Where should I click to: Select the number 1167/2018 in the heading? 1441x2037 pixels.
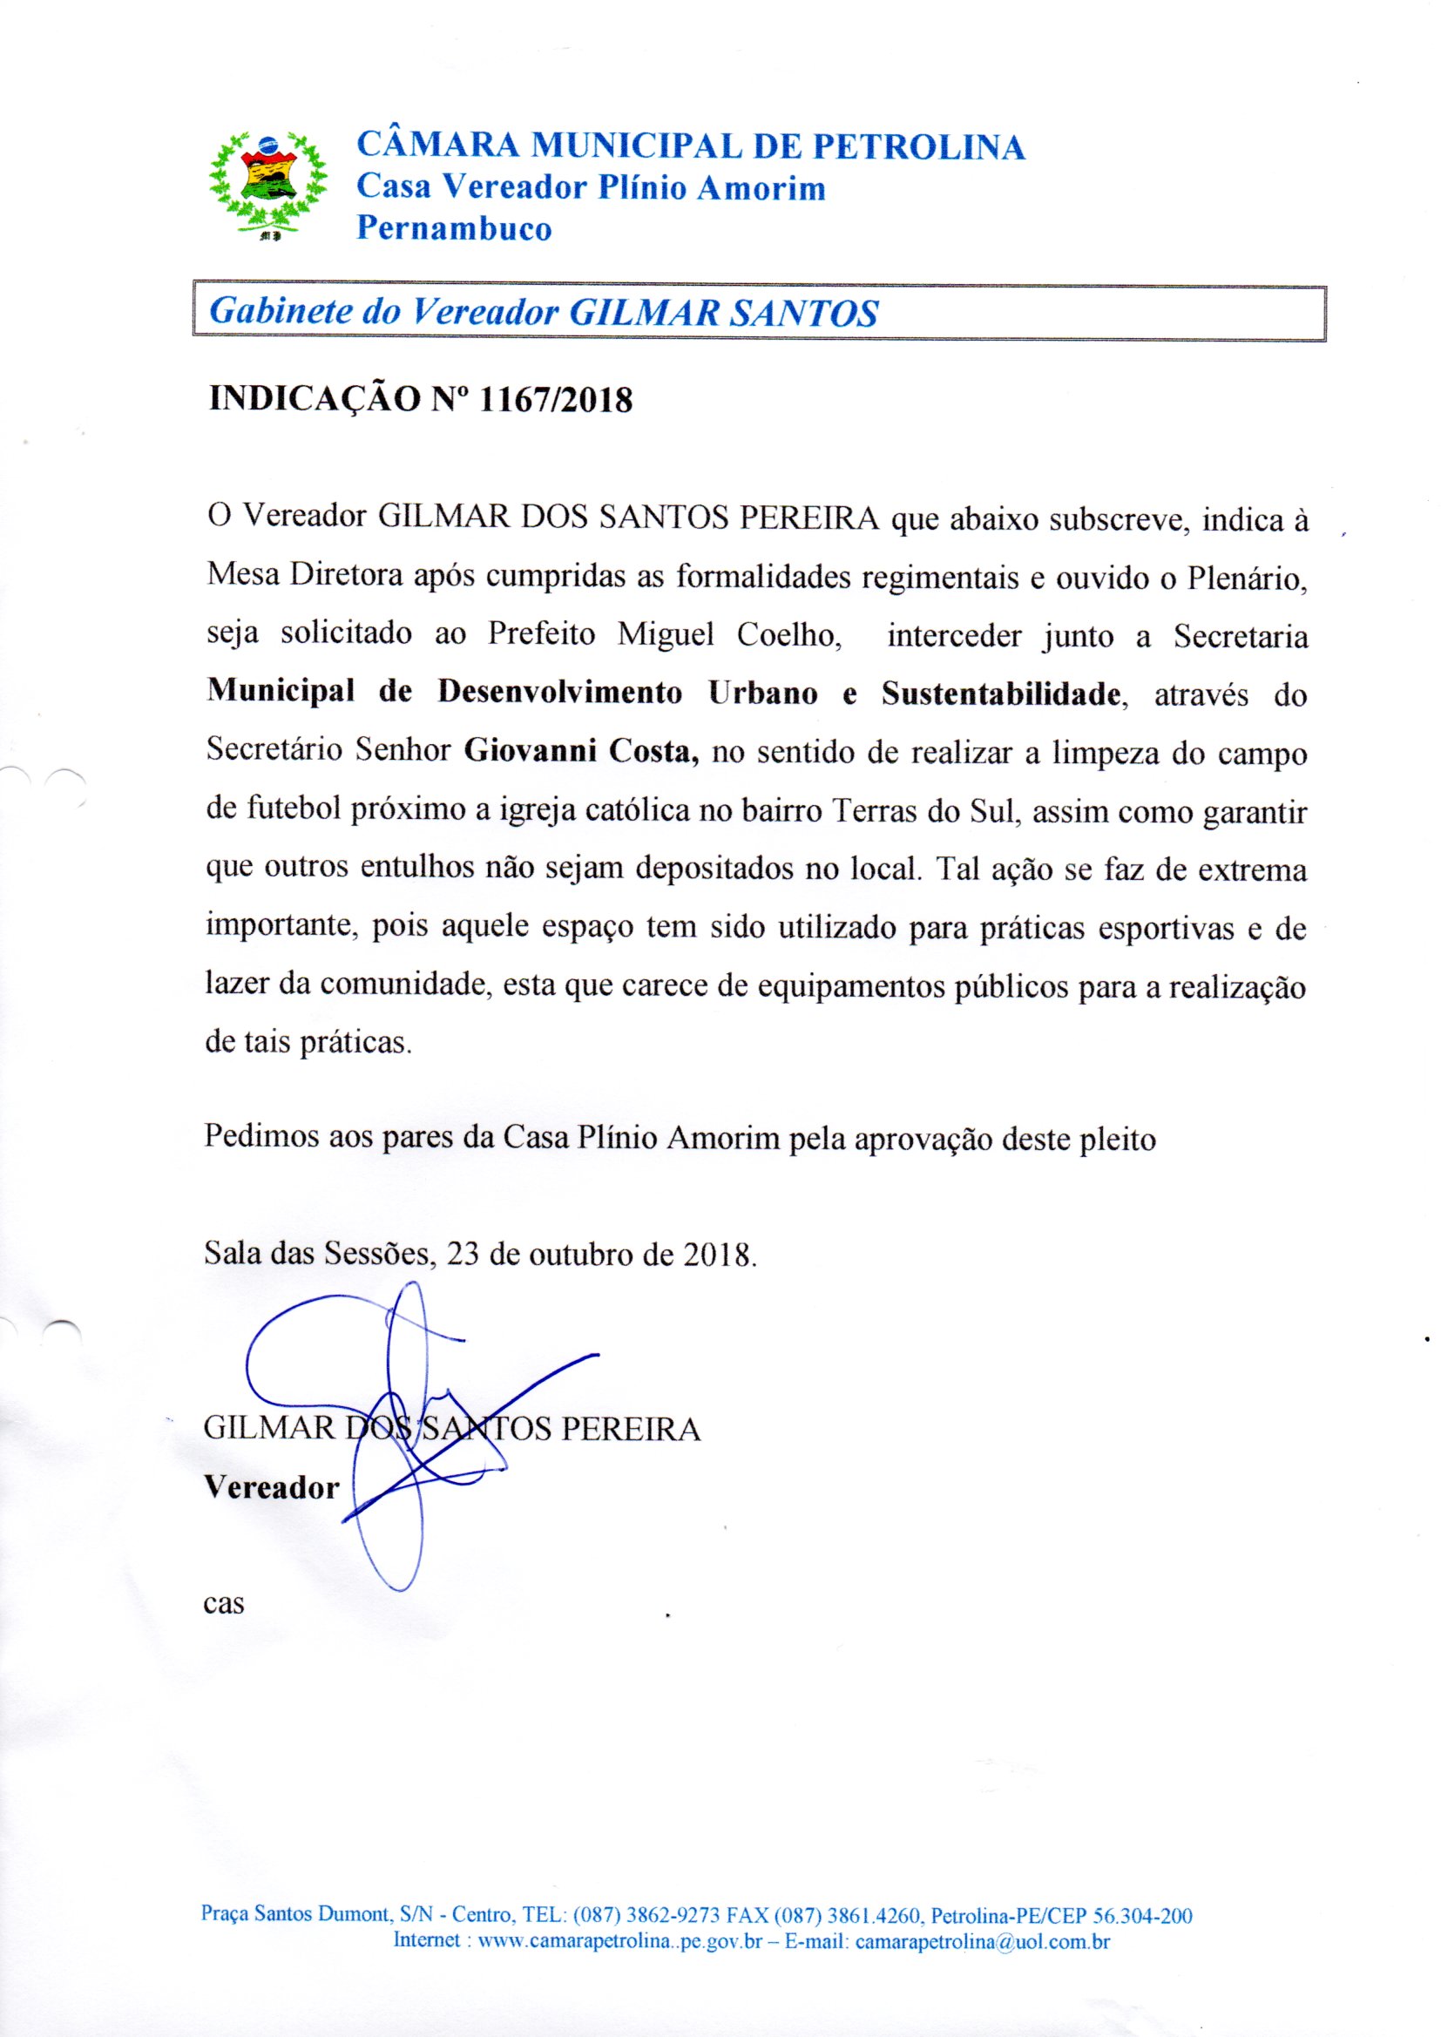555,401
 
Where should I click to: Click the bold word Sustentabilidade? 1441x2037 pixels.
998,694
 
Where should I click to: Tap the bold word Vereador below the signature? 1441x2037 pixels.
273,1487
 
